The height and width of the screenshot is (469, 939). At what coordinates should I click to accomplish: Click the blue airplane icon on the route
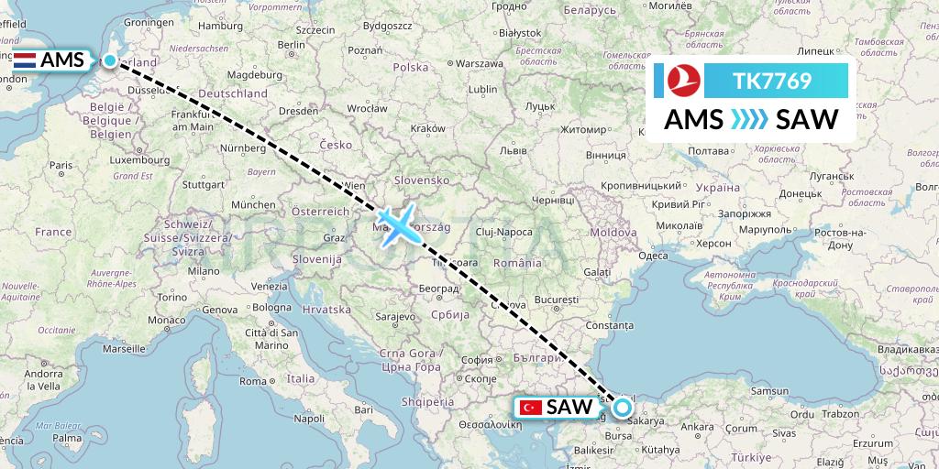click(396, 224)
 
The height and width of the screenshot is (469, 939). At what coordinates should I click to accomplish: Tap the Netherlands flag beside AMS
click(26, 61)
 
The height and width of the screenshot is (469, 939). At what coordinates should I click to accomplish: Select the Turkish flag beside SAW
click(530, 407)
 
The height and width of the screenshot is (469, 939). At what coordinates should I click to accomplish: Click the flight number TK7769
click(772, 82)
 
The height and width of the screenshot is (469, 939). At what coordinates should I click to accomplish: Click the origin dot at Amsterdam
click(109, 60)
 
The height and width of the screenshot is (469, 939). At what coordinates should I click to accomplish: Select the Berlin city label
click(291, 44)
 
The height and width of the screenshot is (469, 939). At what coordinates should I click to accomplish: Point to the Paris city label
click(61, 165)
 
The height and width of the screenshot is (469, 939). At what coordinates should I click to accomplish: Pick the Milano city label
click(204, 271)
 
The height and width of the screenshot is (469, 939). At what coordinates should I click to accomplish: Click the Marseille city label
click(126, 349)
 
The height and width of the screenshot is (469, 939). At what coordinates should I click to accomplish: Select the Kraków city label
click(427, 128)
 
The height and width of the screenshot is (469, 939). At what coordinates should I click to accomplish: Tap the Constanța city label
click(610, 326)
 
